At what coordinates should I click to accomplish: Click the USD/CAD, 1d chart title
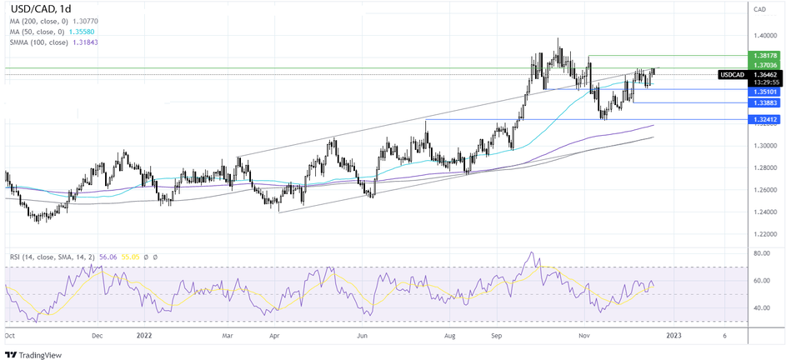(34, 10)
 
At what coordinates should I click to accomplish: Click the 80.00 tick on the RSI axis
(760, 253)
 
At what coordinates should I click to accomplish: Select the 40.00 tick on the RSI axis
(760, 307)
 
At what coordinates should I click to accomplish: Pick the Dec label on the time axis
(97, 336)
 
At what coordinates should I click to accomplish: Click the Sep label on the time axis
(497, 336)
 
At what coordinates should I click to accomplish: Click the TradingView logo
(34, 351)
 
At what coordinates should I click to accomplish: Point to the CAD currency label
(759, 9)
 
